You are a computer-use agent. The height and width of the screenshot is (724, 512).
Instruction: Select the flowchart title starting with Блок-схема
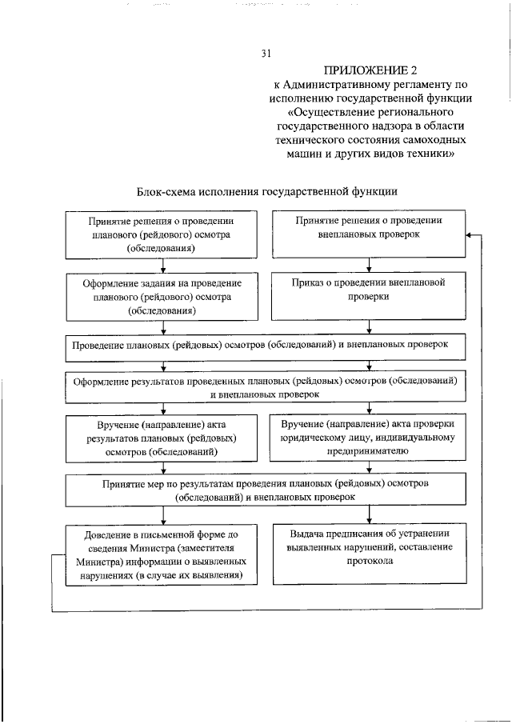(x=268, y=191)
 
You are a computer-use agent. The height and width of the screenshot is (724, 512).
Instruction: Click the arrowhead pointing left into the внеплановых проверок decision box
(x=469, y=234)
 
